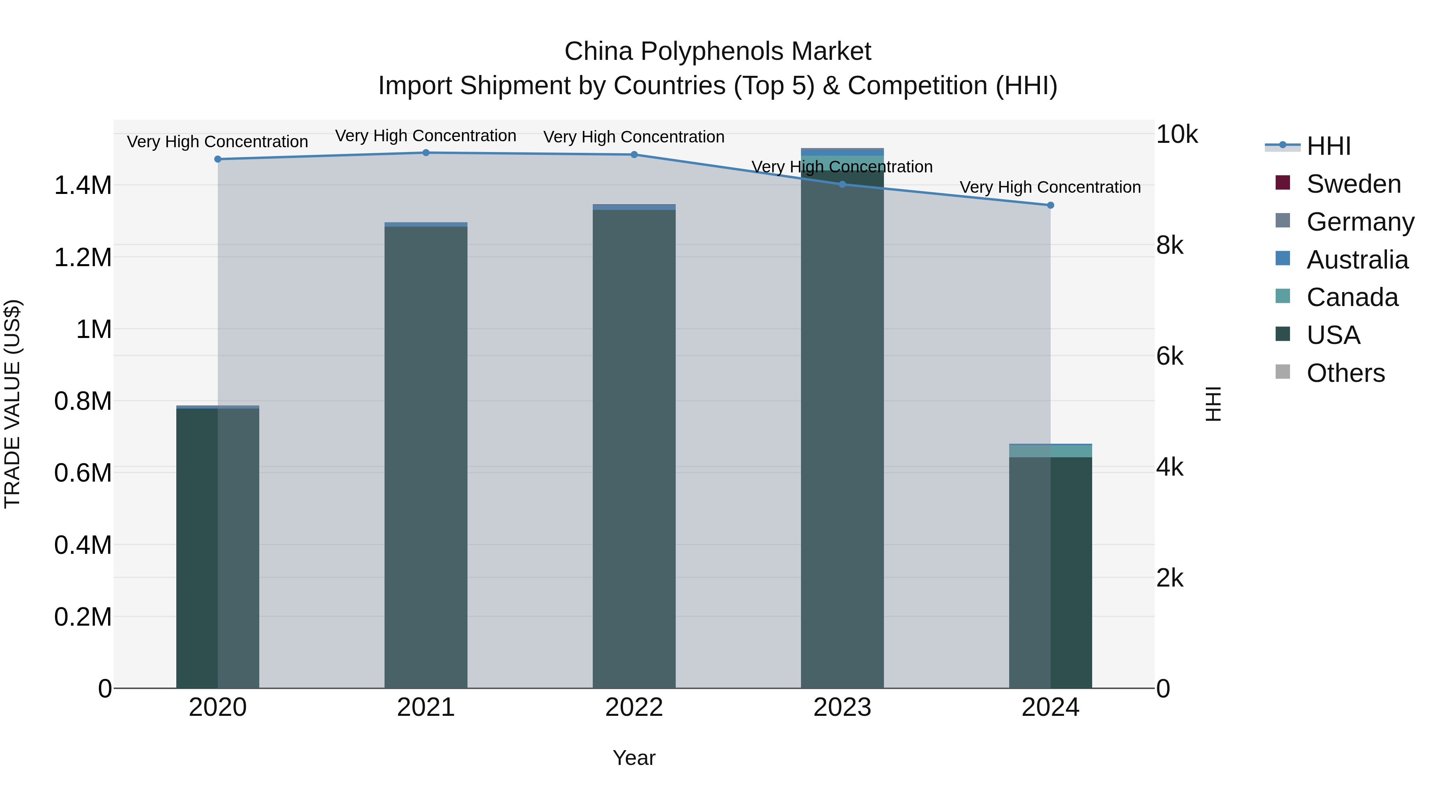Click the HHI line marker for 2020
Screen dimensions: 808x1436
click(x=217, y=160)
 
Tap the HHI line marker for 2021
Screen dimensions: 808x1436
click(x=426, y=153)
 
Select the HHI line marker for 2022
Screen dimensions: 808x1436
click(x=634, y=155)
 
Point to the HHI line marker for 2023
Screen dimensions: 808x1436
click(x=842, y=185)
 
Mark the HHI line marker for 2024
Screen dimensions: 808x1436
click(x=1050, y=205)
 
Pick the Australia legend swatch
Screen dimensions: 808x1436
click(x=1283, y=259)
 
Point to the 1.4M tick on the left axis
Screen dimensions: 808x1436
click(x=83, y=186)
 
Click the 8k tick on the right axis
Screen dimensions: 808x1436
click(x=1170, y=245)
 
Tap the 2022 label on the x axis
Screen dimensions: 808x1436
click(x=634, y=707)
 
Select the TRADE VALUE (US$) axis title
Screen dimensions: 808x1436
click(x=13, y=404)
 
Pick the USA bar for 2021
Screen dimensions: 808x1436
click(x=426, y=457)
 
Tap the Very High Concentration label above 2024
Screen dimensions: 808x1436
click(x=1050, y=188)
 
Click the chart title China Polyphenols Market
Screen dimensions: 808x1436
click(x=718, y=51)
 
